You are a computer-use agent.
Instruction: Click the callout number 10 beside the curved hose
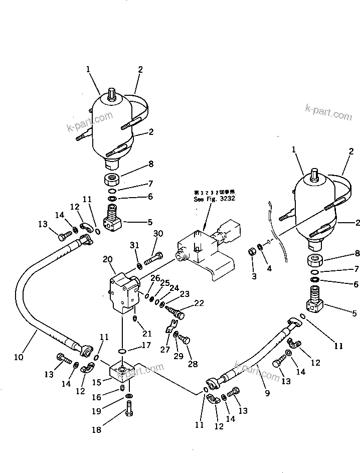click(x=19, y=358)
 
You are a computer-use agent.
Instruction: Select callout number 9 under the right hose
click(x=267, y=393)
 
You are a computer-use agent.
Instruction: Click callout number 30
click(x=158, y=233)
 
